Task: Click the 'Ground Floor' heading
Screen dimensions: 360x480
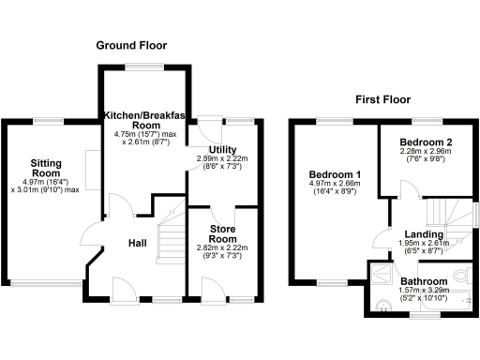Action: coord(130,45)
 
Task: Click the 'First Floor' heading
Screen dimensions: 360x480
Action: coord(383,98)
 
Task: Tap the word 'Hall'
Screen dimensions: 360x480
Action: coord(137,244)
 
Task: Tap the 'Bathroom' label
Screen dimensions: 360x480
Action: coord(424,281)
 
